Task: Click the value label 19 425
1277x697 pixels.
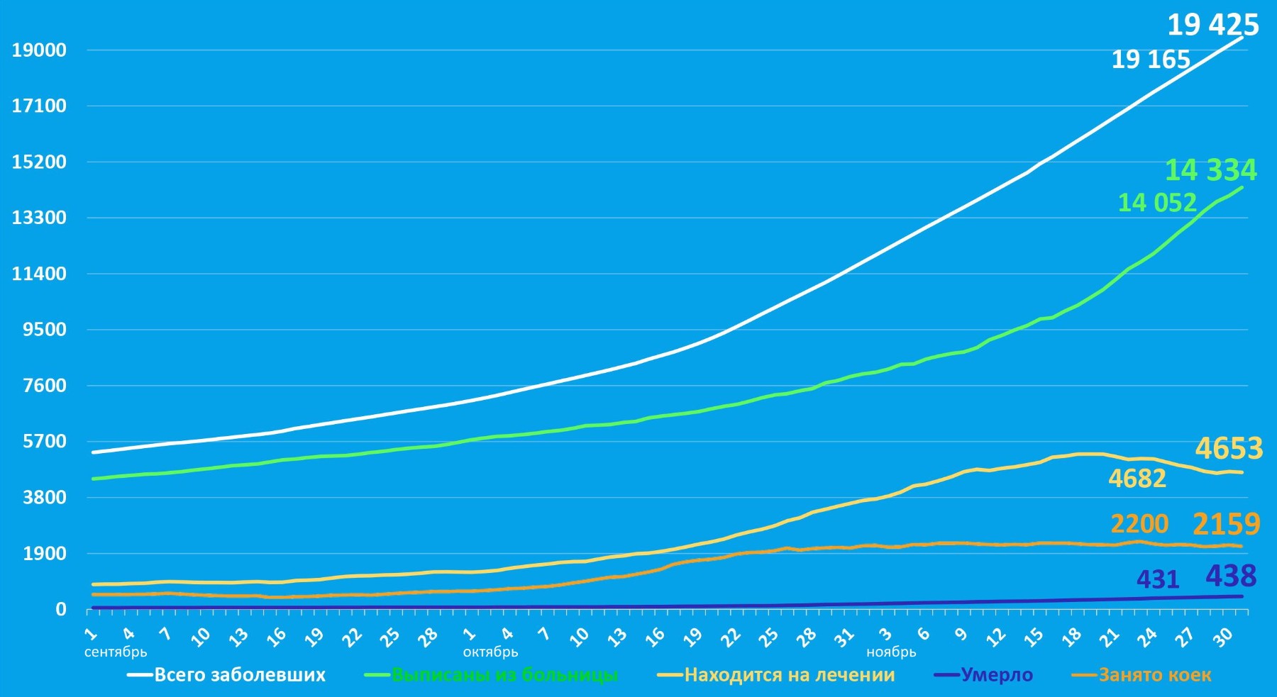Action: [x=1212, y=25]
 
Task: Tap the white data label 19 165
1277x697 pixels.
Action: [x=1150, y=60]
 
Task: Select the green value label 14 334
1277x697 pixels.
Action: [x=1210, y=170]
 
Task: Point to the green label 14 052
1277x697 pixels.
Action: [x=1156, y=203]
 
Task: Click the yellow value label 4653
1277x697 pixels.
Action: [x=1229, y=449]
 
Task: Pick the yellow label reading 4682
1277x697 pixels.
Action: [x=1137, y=479]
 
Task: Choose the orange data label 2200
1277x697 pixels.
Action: [x=1139, y=524]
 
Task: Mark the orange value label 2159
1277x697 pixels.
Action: [x=1226, y=525]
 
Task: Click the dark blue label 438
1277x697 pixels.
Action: [x=1231, y=576]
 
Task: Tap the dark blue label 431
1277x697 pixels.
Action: [x=1157, y=580]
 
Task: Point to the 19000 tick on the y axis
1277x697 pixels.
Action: [x=39, y=50]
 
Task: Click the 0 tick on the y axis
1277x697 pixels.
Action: [x=61, y=609]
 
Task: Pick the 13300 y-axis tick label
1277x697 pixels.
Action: [x=39, y=218]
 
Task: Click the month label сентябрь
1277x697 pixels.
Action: [x=116, y=652]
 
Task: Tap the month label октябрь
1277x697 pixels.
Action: [x=490, y=652]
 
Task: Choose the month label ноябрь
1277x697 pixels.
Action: [x=891, y=652]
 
